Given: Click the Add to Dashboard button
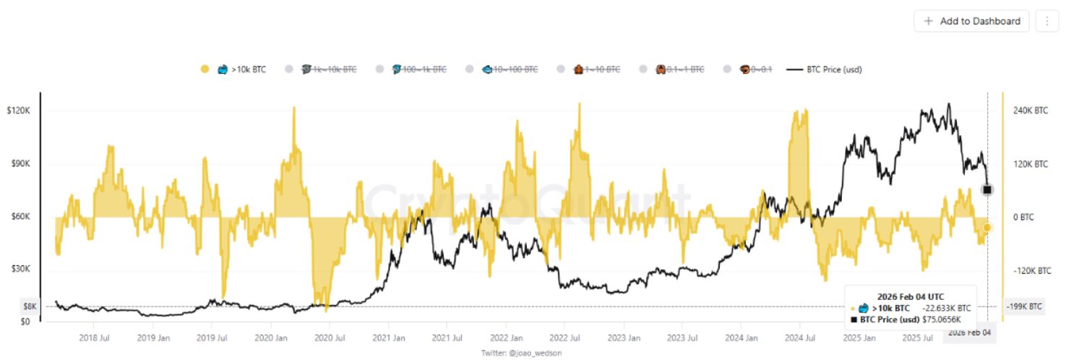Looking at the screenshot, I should click(x=973, y=21).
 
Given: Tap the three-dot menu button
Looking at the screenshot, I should click(x=1046, y=21).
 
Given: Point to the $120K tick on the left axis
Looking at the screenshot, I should click(x=17, y=111).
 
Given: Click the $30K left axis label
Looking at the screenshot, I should click(x=20, y=268).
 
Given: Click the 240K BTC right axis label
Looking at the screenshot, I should click(x=1031, y=111).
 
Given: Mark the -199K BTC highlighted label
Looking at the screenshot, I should click(x=1025, y=307).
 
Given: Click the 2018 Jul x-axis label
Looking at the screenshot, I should click(x=94, y=338).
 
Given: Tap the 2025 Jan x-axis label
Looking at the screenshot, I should click(x=861, y=338).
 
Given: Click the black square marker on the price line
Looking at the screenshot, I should click(x=987, y=189).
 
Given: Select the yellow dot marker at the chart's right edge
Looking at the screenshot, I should click(x=987, y=228).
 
